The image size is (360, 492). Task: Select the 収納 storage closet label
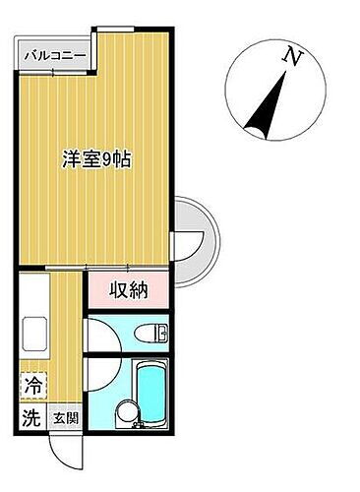click(130, 291)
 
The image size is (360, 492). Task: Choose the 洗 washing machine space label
click(30, 417)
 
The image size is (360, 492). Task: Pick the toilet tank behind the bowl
click(161, 333)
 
